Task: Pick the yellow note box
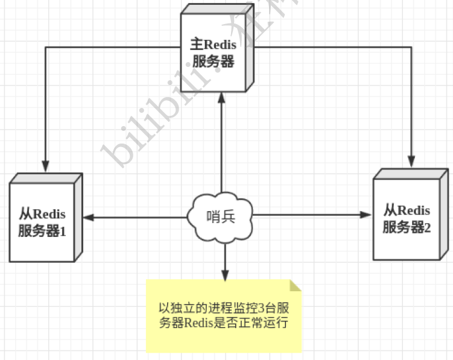[x=223, y=316]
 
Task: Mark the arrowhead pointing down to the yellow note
[x=224, y=274]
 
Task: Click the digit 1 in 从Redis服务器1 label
[x=63, y=230]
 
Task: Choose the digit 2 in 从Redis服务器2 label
[x=428, y=227]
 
